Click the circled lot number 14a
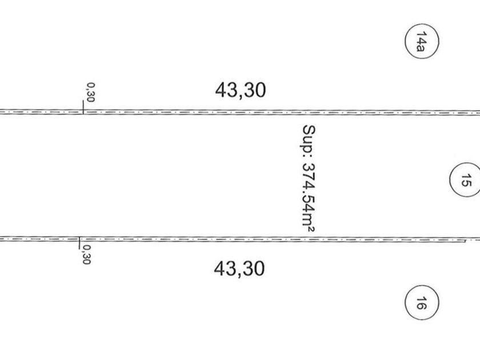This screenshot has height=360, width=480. [x=422, y=41]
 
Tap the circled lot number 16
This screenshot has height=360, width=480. [x=422, y=302]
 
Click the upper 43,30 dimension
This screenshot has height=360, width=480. [x=241, y=90]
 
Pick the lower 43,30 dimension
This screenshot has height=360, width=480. [x=239, y=269]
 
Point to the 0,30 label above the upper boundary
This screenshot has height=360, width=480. [x=91, y=92]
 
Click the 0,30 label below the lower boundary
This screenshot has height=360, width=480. [x=86, y=254]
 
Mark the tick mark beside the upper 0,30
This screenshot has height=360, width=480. [x=83, y=107]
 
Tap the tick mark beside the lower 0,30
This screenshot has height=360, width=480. [x=79, y=243]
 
